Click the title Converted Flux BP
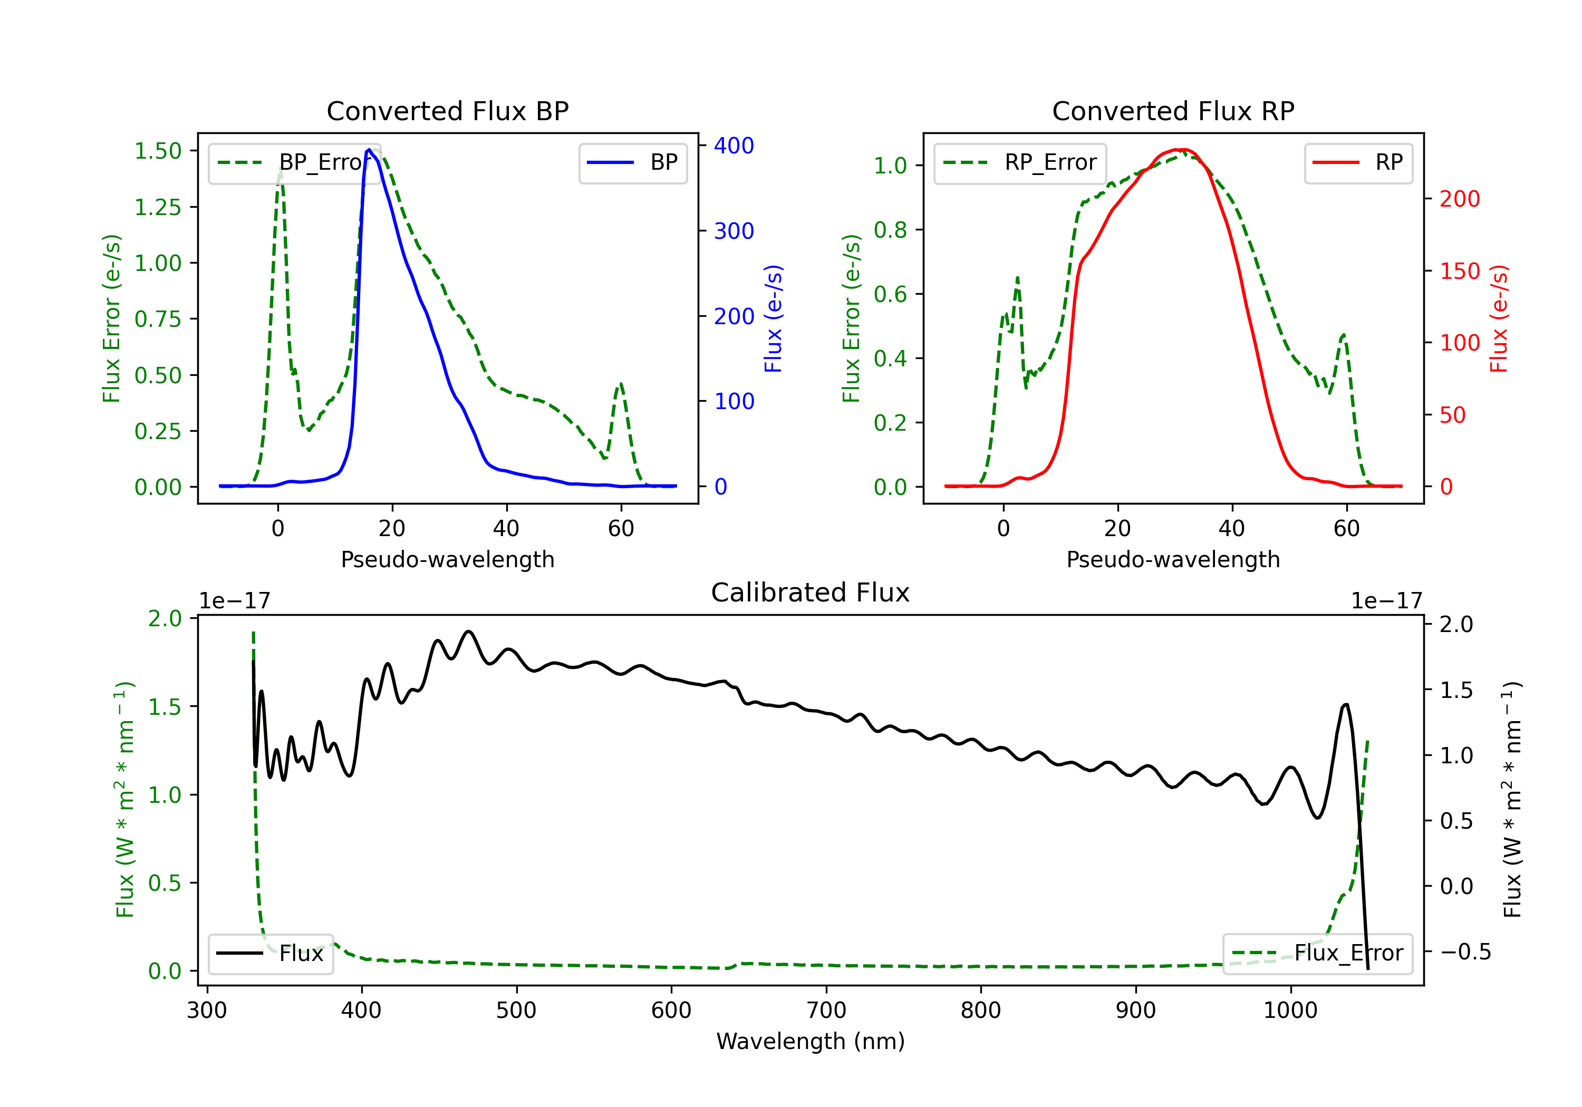pyautogui.click(x=447, y=111)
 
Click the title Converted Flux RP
pyautogui.click(x=1173, y=111)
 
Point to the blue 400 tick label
pyautogui.click(x=734, y=145)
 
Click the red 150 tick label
pyautogui.click(x=1459, y=271)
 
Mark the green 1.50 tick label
pyautogui.click(x=158, y=151)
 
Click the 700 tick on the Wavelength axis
pyautogui.click(x=826, y=1011)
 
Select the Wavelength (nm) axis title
pyautogui.click(x=811, y=1042)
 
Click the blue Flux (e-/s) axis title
pyautogui.click(x=773, y=318)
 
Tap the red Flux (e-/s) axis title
pyautogui.click(x=1499, y=318)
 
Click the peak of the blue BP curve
pyautogui.click(x=369, y=150)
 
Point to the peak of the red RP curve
pyautogui.click(x=1180, y=150)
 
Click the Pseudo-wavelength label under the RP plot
pyautogui.click(x=1173, y=559)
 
